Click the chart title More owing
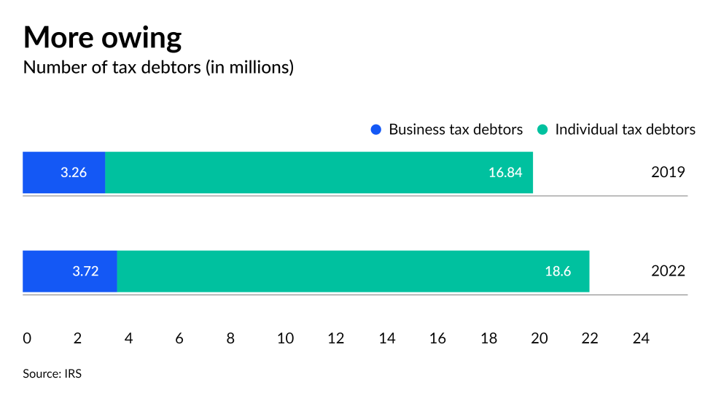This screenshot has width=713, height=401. [x=102, y=37]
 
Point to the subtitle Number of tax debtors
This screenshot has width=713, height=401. [x=158, y=68]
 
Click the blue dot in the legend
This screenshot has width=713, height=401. [x=376, y=130]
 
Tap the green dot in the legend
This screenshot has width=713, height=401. [x=542, y=130]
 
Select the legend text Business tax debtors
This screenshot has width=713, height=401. [x=456, y=130]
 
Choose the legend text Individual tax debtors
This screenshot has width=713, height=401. [x=625, y=130]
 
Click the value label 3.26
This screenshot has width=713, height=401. [x=74, y=173]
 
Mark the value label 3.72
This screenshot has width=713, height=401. [x=85, y=271]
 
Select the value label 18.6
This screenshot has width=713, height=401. [x=558, y=271]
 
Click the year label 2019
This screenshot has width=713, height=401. [x=667, y=173]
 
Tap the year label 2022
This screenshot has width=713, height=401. [x=667, y=271]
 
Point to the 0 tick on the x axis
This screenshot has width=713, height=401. [x=27, y=338]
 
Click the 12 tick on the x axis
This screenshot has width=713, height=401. [x=336, y=338]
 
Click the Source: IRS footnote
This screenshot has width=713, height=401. [x=52, y=374]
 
